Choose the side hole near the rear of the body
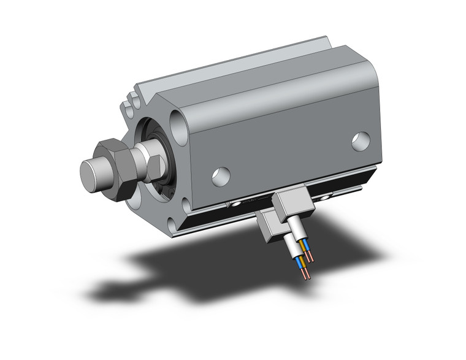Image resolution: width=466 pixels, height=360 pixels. (x=361, y=140)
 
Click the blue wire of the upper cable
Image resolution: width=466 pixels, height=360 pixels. (x=306, y=248)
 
